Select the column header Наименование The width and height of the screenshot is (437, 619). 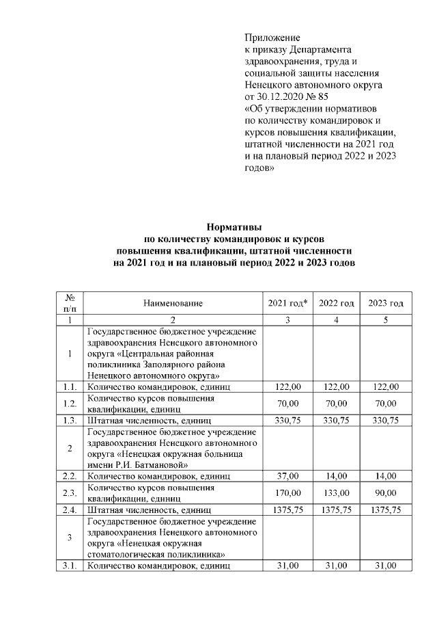[173, 303]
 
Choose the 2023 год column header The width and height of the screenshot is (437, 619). [386, 303]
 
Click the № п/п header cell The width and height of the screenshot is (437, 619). [70, 303]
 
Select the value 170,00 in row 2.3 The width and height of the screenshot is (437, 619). [287, 493]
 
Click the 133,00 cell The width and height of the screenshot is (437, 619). [337, 493]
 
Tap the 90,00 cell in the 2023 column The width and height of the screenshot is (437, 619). [386, 493]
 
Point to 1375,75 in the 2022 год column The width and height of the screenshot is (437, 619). [337, 510]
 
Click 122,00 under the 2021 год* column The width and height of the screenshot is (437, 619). [287, 386]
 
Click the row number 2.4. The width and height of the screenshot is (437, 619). [70, 510]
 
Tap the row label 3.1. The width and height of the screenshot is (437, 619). [70, 566]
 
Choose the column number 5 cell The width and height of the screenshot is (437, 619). [386, 320]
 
